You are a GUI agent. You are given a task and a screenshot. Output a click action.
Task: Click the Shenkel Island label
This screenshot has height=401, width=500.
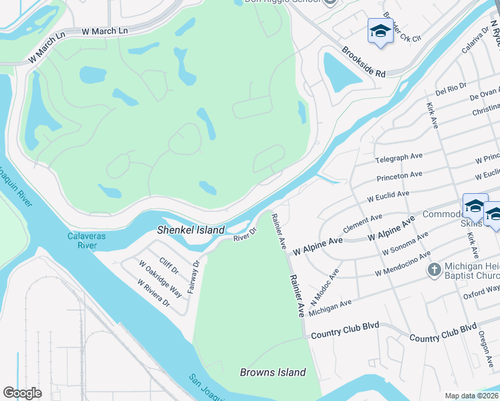tap(191, 230)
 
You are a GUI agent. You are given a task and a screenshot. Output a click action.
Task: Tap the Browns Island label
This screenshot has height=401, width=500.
tap(273, 372)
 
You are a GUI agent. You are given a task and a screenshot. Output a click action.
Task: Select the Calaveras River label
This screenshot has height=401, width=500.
tap(83, 241)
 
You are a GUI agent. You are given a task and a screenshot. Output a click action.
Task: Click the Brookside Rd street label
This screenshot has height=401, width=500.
tap(364, 62)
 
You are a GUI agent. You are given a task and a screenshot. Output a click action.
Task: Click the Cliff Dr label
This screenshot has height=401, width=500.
tap(169, 267)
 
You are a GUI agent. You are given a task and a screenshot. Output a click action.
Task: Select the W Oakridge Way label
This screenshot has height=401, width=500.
tap(160, 279)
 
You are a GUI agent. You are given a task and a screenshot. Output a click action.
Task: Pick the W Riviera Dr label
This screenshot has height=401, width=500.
tap(154, 292)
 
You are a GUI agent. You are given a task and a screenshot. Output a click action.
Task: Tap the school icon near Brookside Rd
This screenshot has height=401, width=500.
tap(380, 31)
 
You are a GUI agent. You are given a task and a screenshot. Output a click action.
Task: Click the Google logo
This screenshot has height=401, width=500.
tap(22, 393)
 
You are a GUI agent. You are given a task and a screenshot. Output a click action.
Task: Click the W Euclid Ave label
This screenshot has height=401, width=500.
tap(388, 196)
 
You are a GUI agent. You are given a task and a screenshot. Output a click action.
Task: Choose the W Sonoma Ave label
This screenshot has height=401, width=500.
tap(404, 245)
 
